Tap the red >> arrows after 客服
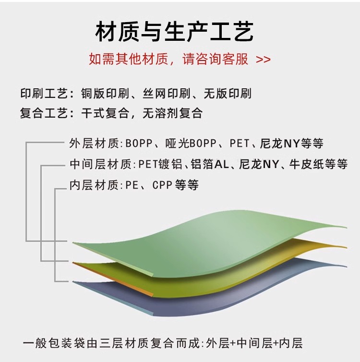pos(263,60)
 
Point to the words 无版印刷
pos(227,93)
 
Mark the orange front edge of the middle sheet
pos(113,279)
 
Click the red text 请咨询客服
pos(216,60)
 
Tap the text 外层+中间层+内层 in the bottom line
pos(254,343)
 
